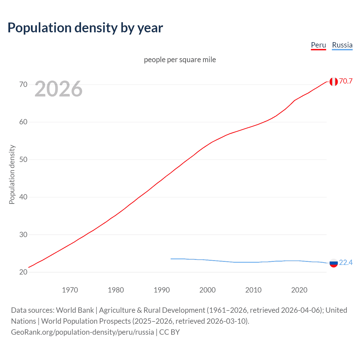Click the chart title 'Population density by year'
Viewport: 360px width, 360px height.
(85, 28)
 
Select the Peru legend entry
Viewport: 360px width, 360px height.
(318, 45)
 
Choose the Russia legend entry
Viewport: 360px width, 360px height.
(342, 45)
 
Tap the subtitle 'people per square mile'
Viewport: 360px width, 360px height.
(180, 60)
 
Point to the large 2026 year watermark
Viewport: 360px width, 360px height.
(58, 89)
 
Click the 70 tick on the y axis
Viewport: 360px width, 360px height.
(23, 84)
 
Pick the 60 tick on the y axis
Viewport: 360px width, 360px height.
(23, 122)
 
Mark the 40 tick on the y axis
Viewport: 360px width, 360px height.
(23, 197)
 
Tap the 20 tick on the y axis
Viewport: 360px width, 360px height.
(23, 272)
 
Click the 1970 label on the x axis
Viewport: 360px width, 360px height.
(70, 290)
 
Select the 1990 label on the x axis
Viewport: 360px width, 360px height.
(162, 290)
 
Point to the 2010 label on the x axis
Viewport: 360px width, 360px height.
(253, 290)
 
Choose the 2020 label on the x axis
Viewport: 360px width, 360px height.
(299, 290)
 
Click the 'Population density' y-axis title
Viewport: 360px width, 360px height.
(12, 174)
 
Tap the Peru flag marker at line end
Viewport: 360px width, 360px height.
(334, 82)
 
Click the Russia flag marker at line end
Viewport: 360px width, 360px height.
(334, 263)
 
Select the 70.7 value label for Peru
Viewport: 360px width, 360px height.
(346, 81)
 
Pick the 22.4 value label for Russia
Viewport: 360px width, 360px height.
(346, 262)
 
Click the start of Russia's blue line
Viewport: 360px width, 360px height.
(171, 259)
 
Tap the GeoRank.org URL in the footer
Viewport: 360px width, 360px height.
(82, 332)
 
